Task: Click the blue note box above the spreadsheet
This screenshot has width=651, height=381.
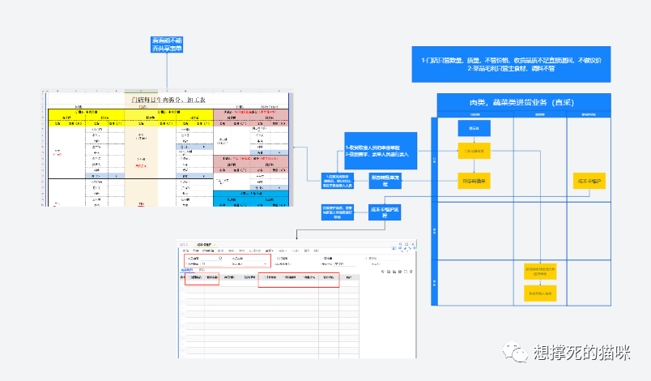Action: click(167, 45)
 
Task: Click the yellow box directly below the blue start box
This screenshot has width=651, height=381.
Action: click(474, 151)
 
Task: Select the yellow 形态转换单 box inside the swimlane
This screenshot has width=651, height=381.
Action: click(474, 179)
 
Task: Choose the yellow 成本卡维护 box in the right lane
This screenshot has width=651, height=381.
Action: click(589, 180)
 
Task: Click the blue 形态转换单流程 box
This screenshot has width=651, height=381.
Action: click(385, 180)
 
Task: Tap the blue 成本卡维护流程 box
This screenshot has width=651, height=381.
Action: click(385, 212)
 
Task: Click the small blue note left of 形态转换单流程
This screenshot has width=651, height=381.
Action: click(338, 181)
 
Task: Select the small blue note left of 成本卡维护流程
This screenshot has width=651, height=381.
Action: click(337, 212)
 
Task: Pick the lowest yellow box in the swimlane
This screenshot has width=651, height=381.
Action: click(540, 293)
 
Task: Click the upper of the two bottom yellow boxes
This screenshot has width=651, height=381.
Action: click(540, 271)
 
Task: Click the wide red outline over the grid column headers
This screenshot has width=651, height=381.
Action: click(297, 280)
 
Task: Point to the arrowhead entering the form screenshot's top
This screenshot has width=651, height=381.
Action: click(297, 238)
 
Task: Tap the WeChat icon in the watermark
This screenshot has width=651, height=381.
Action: click(514, 351)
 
